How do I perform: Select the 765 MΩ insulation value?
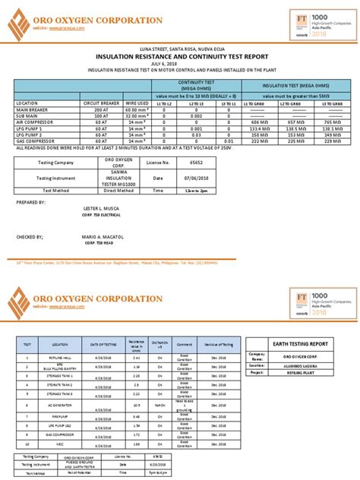tap(332, 122)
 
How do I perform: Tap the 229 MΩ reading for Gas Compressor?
tap(332, 141)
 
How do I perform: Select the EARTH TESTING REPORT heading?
tap(302, 344)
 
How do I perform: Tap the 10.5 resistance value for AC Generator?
tap(135, 406)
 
